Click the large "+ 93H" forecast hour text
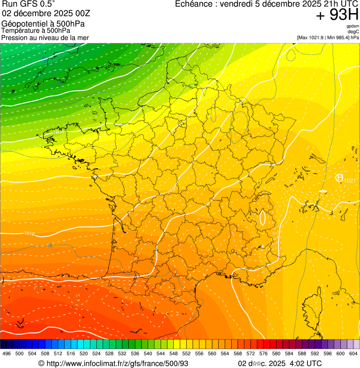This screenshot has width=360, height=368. coord(337,15)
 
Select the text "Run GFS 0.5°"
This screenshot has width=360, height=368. coord(29,4)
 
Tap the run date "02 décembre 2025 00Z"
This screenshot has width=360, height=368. coord(46,13)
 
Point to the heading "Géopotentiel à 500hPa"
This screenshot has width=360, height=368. coord(46,24)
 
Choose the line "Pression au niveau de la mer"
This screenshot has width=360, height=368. coord(45,37)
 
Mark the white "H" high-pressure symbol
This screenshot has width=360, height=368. coord(339,178)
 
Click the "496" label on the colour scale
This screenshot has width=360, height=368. coord(7,353)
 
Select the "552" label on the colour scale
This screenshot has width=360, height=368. coord(186,353)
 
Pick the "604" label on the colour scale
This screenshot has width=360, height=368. coord(353,353)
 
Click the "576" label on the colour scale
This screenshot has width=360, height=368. coord(263,353)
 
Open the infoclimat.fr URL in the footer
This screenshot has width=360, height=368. coord(117,363)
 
